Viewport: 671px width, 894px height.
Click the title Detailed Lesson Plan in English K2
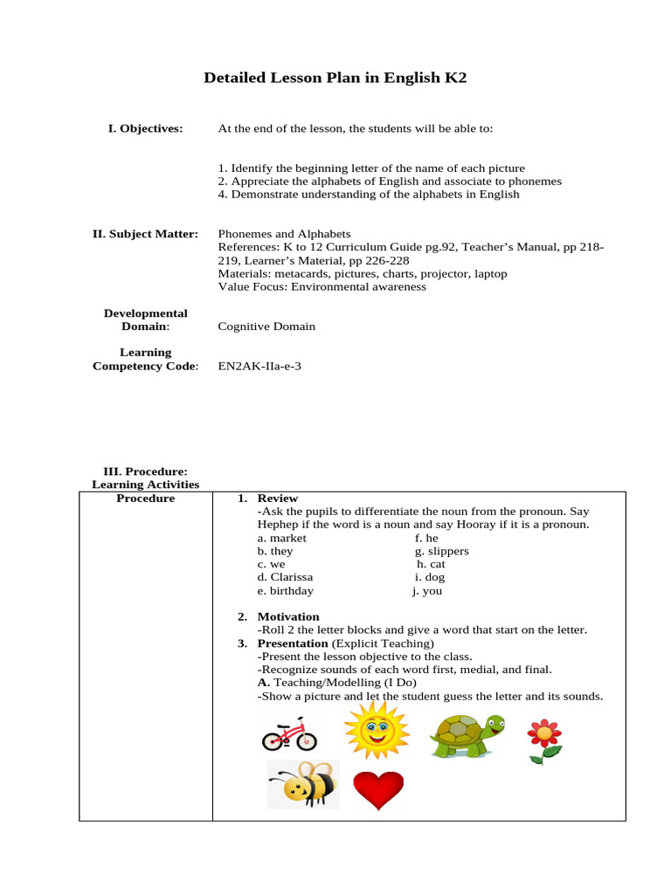335,78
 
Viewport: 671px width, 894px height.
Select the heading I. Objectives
145,128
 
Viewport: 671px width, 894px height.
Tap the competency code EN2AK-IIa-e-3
259,366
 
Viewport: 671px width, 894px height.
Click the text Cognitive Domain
266,327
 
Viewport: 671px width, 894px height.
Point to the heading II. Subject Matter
145,234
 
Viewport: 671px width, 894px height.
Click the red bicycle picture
289,734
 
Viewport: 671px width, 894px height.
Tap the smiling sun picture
376,730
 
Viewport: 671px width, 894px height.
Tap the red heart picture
377,789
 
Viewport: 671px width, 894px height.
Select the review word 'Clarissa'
285,577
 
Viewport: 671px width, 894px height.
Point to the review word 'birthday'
285,590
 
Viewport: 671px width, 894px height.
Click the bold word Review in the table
278,499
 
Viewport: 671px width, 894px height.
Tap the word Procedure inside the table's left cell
145,499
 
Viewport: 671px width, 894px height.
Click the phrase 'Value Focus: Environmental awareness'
322,286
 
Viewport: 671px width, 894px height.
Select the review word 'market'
281,538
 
